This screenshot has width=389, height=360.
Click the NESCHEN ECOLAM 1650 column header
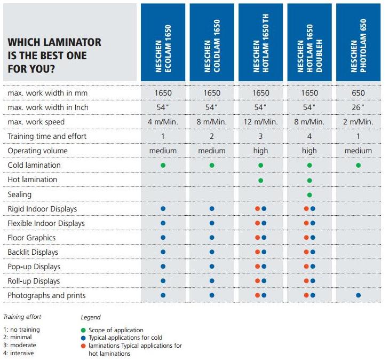click(163, 42)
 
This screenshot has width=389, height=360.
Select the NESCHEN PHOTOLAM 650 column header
click(358, 42)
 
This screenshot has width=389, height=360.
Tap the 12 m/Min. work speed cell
click(260, 122)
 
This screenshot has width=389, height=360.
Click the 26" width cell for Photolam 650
click(358, 107)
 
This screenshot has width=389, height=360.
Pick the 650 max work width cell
click(358, 93)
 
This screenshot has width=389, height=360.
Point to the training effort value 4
click(309, 136)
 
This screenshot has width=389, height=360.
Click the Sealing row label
click(20, 194)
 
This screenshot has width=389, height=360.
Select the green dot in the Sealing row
click(309, 195)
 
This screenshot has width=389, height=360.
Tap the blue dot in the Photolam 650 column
click(358, 295)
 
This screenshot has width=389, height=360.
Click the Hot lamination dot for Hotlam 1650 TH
click(260, 181)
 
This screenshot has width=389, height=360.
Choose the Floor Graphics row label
click(31, 238)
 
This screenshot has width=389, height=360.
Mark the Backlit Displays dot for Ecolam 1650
click(163, 252)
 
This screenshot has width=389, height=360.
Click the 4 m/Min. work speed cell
click(163, 122)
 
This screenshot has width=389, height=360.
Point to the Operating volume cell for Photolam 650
click(358, 151)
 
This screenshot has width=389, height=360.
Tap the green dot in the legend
click(83, 330)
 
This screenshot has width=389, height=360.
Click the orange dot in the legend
click(83, 346)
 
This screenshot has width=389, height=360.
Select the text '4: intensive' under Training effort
click(19, 353)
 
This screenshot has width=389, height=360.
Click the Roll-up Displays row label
click(34, 281)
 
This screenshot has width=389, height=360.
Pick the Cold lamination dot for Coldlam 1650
click(212, 165)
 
